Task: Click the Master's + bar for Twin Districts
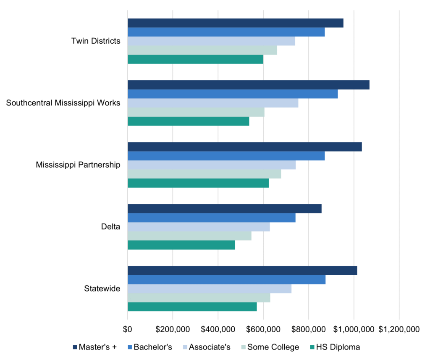pos(235,23)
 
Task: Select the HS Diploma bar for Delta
pos(181,245)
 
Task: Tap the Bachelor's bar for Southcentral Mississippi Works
pos(232,94)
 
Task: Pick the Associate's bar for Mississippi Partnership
pos(211,165)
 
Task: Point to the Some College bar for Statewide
pos(199,298)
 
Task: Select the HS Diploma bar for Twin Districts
pos(195,59)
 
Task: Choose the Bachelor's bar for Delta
pos(211,218)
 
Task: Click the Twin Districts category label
pos(96,41)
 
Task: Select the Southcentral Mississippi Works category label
pos(63,103)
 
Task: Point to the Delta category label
pos(110,227)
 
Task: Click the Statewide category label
pos(102,289)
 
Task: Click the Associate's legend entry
pos(205,347)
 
